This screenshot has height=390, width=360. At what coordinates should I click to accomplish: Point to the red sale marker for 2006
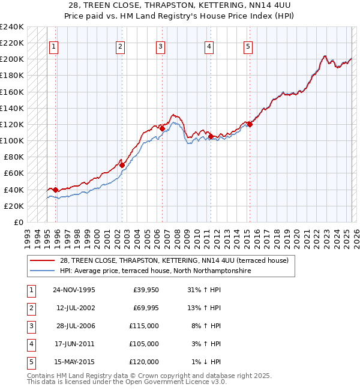click(x=162, y=128)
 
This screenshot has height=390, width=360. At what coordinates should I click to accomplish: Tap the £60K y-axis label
click(x=14, y=173)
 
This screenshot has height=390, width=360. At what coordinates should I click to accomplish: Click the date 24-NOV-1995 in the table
click(x=74, y=290)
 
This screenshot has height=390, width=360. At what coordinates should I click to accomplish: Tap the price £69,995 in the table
click(x=145, y=308)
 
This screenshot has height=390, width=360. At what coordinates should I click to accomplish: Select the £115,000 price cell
click(x=145, y=326)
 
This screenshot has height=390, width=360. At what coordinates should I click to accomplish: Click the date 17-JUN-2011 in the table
click(x=74, y=344)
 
